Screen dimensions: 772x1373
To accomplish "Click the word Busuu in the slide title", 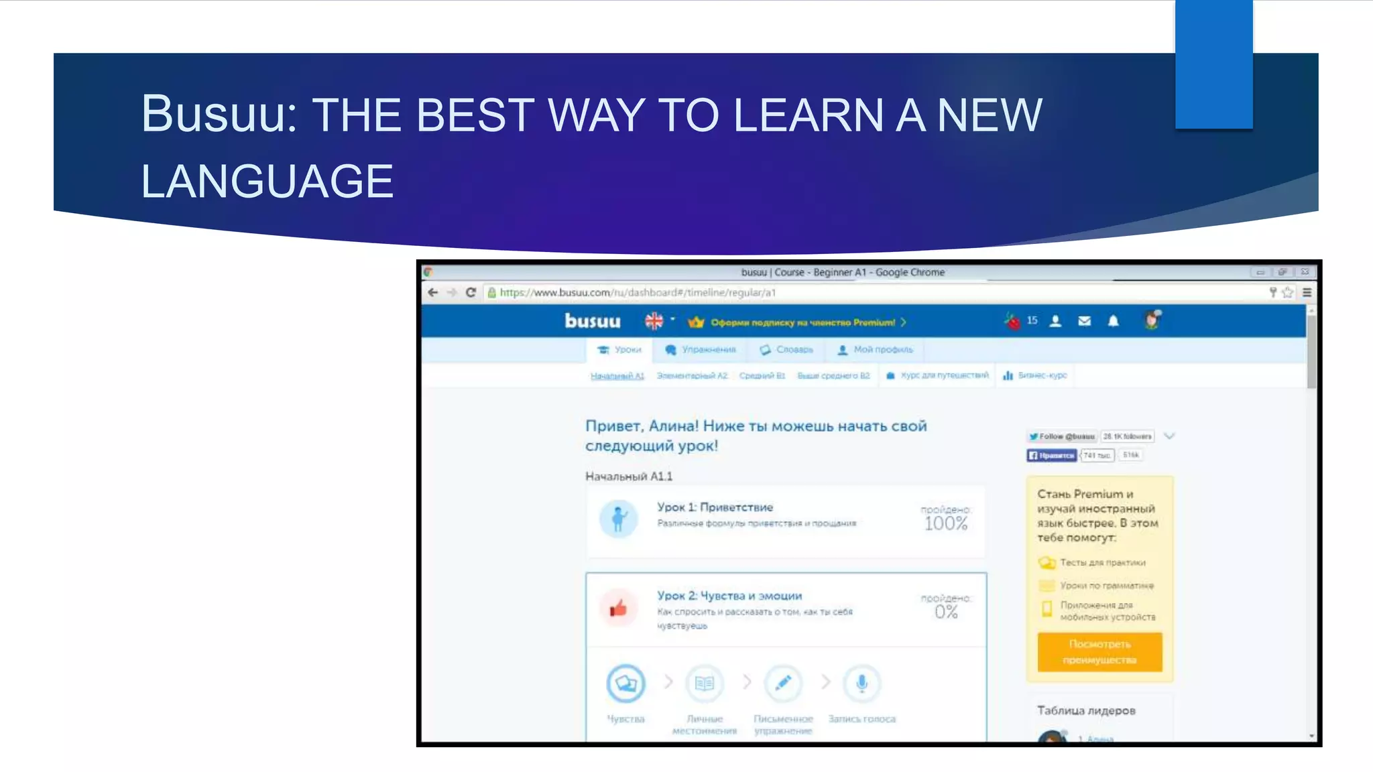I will pyautogui.click(x=219, y=114).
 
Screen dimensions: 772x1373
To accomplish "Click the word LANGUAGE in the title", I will pyautogui.click(x=267, y=182).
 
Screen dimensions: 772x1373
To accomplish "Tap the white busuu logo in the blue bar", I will pyautogui.click(x=592, y=322).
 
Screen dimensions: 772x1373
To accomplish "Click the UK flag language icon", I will pyautogui.click(x=654, y=322).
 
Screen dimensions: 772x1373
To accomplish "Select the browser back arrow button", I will pyautogui.click(x=433, y=293).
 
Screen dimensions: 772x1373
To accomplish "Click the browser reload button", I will pyautogui.click(x=471, y=293).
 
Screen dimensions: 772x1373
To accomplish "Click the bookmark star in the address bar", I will pyautogui.click(x=1287, y=293).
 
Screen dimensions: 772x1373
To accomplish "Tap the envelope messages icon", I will pyautogui.click(x=1084, y=322).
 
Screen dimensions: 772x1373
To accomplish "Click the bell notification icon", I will pyautogui.click(x=1114, y=322).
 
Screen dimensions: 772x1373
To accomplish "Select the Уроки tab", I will pyautogui.click(x=619, y=350).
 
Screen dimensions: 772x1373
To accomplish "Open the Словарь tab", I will pyautogui.click(x=786, y=350).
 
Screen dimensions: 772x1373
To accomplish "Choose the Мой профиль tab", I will pyautogui.click(x=876, y=350).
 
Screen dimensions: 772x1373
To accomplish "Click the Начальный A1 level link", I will pyautogui.click(x=617, y=376).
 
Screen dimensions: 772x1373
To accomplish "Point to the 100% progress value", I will pyautogui.click(x=946, y=523).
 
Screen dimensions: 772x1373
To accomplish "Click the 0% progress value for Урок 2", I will pyautogui.click(x=946, y=612).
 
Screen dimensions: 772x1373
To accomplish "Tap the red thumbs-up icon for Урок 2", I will pyautogui.click(x=618, y=608).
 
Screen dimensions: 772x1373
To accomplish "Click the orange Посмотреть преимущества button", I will pyautogui.click(x=1099, y=651).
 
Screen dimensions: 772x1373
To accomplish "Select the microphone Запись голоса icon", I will pyautogui.click(x=861, y=684).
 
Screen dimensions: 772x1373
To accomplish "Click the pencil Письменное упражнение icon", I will pyautogui.click(x=783, y=684).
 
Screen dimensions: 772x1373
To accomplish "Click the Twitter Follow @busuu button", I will pyautogui.click(x=1061, y=436).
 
